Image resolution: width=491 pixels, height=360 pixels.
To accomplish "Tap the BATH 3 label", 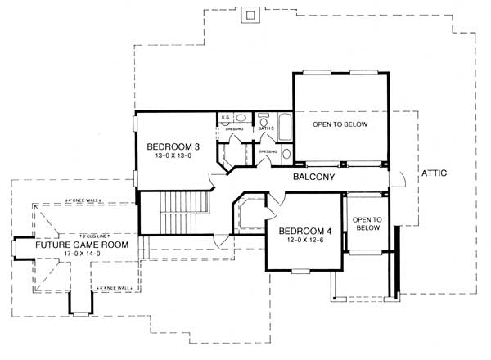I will [265, 128].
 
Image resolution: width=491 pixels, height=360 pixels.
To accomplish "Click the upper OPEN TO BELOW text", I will [340, 124].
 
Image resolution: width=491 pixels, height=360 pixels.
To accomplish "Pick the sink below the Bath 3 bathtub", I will [286, 152].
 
